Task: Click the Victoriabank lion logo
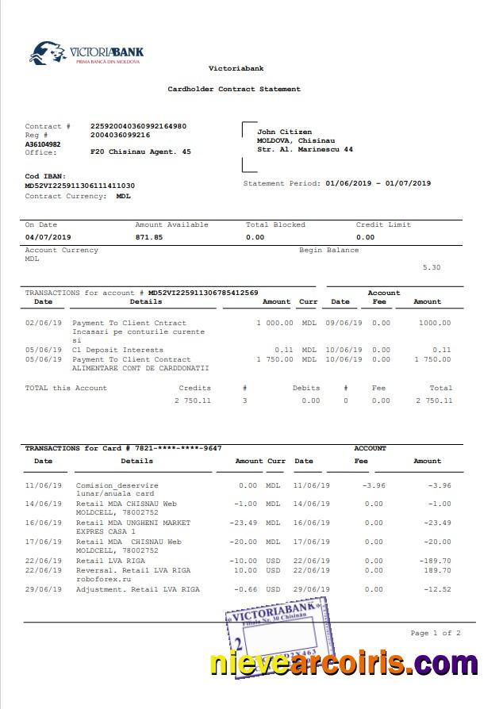(47, 53)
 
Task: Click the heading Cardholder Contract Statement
(234, 90)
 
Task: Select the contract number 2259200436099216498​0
(139, 126)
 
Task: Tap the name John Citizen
(284, 132)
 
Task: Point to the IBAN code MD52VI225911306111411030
(80, 186)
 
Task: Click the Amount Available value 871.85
(149, 237)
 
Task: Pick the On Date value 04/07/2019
(48, 237)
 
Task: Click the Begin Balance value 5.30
(432, 267)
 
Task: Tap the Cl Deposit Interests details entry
(117, 350)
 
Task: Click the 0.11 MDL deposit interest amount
(283, 350)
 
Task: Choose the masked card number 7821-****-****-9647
(179, 449)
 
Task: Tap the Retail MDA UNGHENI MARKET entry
(133, 523)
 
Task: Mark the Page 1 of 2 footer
(435, 633)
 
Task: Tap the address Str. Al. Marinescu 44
(305, 149)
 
